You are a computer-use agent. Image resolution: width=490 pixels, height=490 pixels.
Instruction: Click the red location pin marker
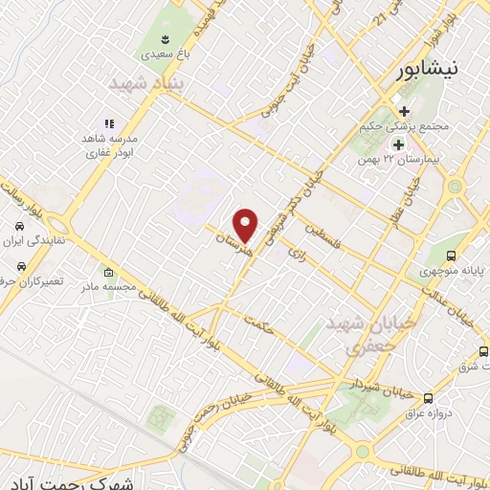(x=247, y=224)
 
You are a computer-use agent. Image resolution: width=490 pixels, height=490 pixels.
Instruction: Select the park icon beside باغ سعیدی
(x=167, y=38)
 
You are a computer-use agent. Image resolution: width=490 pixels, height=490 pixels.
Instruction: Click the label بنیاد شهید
(x=143, y=84)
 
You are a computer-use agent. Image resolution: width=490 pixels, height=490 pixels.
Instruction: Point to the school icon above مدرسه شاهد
(x=109, y=123)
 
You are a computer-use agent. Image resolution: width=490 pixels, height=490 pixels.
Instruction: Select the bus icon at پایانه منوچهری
(x=450, y=256)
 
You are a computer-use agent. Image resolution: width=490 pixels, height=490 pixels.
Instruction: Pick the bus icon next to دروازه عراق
(x=428, y=397)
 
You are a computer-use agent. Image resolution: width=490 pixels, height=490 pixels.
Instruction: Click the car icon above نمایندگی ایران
(x=20, y=226)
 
